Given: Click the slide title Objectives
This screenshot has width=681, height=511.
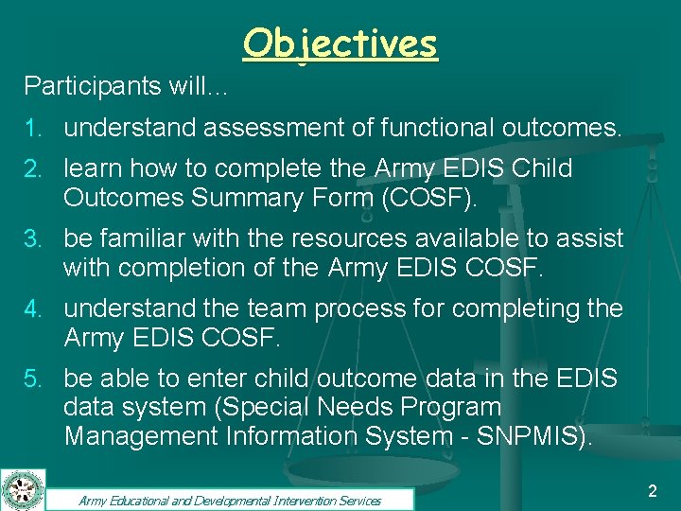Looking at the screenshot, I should [340, 44].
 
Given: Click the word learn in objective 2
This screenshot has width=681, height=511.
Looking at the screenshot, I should [92, 169].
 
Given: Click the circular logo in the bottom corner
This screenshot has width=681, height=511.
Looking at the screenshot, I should [20, 489].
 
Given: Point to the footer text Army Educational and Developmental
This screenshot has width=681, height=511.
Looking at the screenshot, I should [189, 501].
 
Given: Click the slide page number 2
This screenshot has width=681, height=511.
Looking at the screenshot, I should [652, 490].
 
